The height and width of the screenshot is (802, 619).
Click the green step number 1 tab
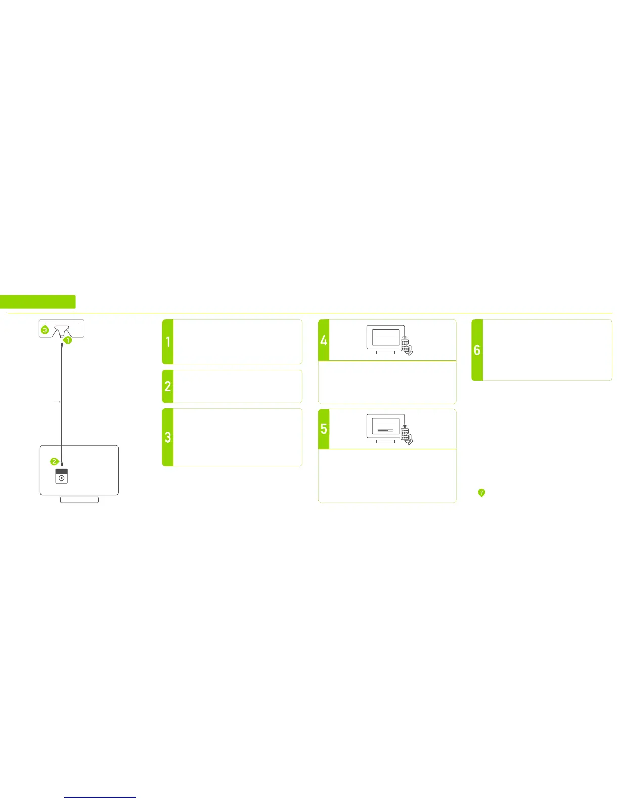[168, 342]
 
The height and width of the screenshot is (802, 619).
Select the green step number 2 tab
[168, 386]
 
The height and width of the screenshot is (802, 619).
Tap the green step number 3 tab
[168, 437]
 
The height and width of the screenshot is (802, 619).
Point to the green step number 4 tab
[324, 340]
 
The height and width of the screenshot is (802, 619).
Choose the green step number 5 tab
[324, 429]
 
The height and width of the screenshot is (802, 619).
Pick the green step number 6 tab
[477, 350]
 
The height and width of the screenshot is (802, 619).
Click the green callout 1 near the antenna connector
[67, 340]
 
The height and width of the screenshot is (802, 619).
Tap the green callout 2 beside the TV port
[54, 462]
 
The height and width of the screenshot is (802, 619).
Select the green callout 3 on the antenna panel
[45, 330]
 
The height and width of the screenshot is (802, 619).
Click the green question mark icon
[481, 492]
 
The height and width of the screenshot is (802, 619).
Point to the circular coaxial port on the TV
[62, 478]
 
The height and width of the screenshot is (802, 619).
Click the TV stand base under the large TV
[79, 500]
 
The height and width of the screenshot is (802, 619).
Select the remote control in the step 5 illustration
[406, 434]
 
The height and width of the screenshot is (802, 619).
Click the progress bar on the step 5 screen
[385, 430]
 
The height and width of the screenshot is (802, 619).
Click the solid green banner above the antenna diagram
[38, 302]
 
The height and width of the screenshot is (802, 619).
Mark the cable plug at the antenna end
[62, 345]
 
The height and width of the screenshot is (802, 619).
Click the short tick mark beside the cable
[57, 402]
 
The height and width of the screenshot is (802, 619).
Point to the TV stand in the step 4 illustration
[385, 352]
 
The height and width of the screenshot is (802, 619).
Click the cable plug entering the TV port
[62, 464]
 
